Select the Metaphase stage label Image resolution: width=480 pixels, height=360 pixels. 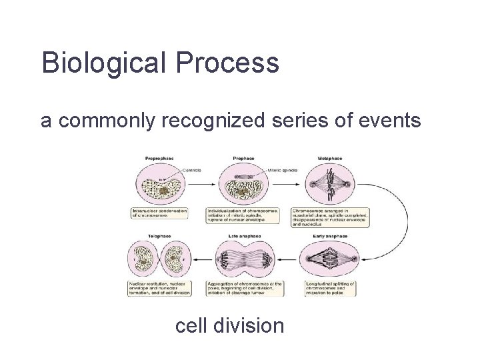click(x=329, y=158)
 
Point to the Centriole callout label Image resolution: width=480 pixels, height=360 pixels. click(x=191, y=169)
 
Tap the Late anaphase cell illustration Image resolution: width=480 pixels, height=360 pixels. click(x=244, y=260)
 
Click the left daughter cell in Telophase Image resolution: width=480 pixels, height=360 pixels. click(x=143, y=260)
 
